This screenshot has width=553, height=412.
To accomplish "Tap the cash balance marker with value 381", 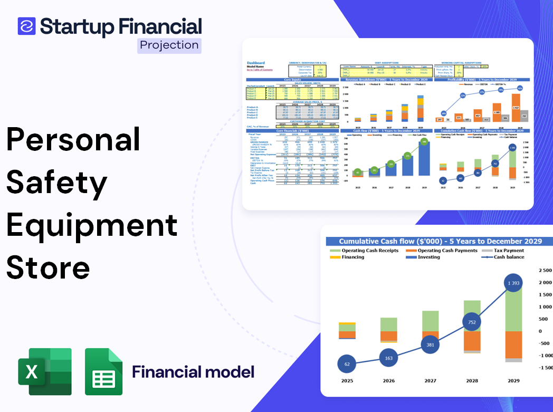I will coord(431,344).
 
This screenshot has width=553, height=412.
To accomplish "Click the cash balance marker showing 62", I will coord(347,363).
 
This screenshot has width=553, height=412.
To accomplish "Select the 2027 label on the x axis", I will coord(431,380).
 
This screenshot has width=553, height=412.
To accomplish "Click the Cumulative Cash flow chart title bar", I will coord(440,241).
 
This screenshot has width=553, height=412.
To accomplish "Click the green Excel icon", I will coord(45,371).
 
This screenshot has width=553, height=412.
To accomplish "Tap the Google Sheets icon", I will coord(103,371).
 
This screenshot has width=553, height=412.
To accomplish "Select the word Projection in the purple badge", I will coord(169,45).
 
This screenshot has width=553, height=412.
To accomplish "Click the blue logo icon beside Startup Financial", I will coord(26,26).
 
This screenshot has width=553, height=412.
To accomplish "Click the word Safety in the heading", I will coord(57,183).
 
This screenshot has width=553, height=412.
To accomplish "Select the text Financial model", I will coord(193,372).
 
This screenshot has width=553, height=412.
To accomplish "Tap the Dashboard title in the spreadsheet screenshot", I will coord(256,63).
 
